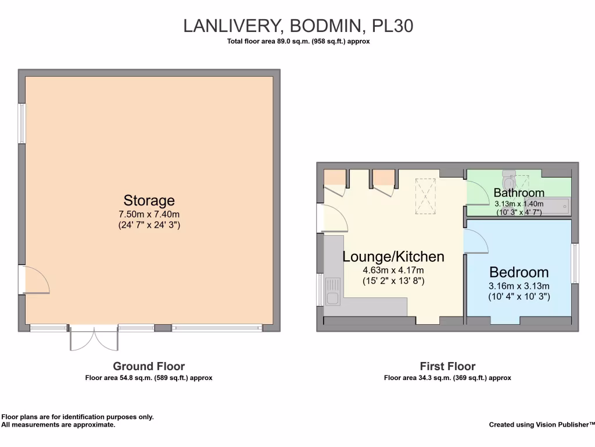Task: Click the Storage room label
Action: [x=149, y=200]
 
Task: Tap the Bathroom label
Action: [x=519, y=193]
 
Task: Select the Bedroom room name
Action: [x=519, y=272]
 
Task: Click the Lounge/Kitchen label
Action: [x=393, y=257]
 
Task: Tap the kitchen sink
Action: [x=333, y=291]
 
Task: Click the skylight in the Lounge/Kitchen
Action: [x=425, y=196]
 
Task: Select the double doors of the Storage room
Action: [x=94, y=337]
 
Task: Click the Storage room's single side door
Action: [x=34, y=279]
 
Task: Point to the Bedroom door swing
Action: [x=476, y=240]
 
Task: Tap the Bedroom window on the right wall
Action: [x=575, y=264]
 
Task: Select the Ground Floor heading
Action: [x=149, y=366]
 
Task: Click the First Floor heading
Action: [x=447, y=366]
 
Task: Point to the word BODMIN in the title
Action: [x=325, y=26]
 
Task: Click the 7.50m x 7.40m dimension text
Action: [x=149, y=214]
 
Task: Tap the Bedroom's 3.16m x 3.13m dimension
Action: [x=519, y=286]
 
